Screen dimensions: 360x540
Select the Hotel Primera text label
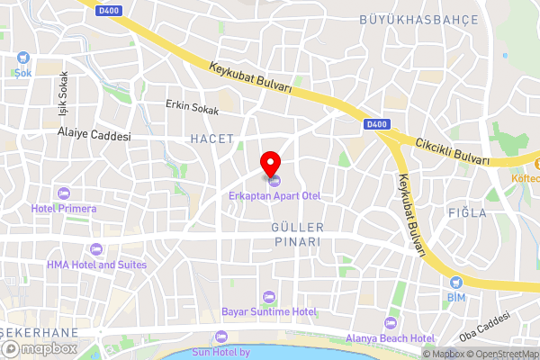[63, 209]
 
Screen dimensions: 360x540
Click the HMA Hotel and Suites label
[96, 265]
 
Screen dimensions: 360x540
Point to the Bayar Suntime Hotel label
[269, 311]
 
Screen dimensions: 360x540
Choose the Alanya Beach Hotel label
[390, 338]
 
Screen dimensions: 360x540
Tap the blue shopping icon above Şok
[22, 58]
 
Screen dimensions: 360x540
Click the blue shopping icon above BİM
[456, 282]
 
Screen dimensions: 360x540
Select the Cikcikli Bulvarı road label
[452, 151]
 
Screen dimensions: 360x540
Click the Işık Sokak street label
[63, 91]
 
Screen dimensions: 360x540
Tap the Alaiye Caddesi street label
[94, 136]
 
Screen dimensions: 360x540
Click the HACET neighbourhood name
[212, 139]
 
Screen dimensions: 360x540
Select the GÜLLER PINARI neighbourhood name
[297, 235]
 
